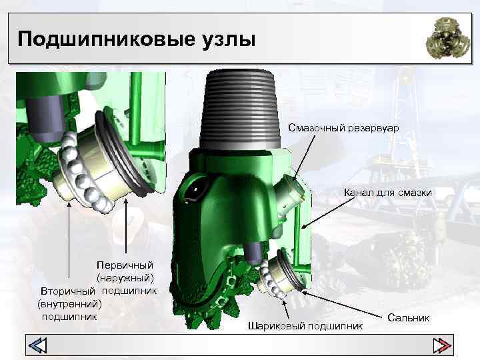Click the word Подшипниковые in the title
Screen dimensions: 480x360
106,39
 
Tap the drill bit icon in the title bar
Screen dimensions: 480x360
447,38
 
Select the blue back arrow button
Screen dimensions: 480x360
37,345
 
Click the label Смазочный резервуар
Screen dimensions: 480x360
343,127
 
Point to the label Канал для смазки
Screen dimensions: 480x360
388,193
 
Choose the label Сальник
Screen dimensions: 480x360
408,317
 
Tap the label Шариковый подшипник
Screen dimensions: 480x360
305,326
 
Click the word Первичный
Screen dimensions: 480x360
125,265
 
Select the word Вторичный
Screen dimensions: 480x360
68,291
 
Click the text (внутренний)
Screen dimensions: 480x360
69,304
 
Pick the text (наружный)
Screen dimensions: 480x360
125,278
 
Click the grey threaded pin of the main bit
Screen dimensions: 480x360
240,110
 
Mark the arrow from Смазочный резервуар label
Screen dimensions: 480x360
304,158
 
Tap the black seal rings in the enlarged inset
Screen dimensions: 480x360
124,153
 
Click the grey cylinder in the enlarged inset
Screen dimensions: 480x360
45,118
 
